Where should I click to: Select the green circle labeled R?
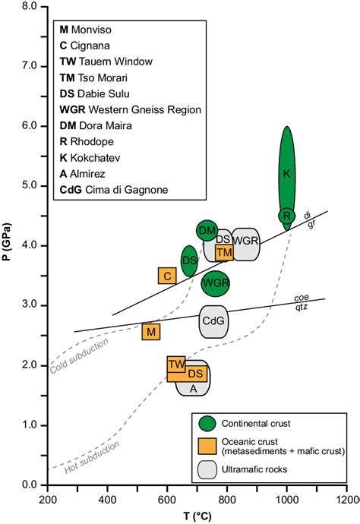point(286,216)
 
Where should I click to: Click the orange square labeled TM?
point(224,252)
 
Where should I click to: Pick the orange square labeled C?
point(167,276)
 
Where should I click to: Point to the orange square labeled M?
point(151,331)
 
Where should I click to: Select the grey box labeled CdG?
point(213,321)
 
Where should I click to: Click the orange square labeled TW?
point(176,365)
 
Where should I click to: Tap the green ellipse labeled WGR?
point(216,283)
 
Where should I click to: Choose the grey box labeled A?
point(193,388)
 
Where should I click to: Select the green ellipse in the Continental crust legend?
point(207,423)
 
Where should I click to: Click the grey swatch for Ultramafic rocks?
point(207,469)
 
